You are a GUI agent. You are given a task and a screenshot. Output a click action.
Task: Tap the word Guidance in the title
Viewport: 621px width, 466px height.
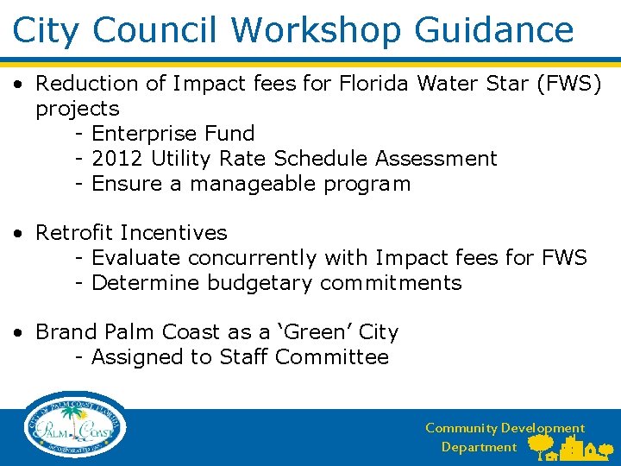coord(494,30)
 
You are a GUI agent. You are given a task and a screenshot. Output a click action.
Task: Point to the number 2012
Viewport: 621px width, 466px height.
coord(117,159)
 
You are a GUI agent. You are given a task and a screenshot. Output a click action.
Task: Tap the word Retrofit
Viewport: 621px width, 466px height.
coord(75,233)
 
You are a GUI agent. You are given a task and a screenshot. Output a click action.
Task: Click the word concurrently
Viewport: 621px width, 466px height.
coord(253,258)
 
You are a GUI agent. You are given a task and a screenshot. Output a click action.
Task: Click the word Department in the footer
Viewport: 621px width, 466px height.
coord(479,447)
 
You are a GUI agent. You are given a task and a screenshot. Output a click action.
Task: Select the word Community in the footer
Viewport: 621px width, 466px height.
coord(461,428)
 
